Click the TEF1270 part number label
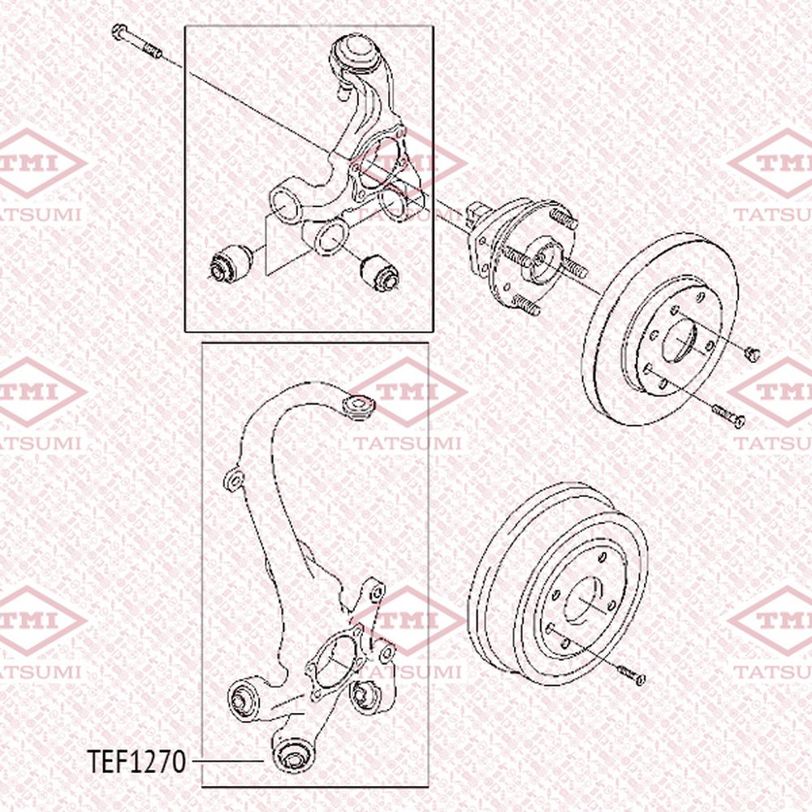click(x=136, y=762)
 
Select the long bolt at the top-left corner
click(x=136, y=41)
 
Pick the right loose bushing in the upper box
click(x=381, y=272)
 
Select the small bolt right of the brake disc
click(x=752, y=354)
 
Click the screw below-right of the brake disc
click(x=728, y=416)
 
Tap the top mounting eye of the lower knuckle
click(x=358, y=405)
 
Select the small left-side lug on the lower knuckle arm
click(x=234, y=480)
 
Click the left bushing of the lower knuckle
click(x=244, y=701)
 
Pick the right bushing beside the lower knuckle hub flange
click(x=367, y=696)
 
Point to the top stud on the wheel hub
click(x=563, y=218)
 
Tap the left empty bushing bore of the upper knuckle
click(x=284, y=205)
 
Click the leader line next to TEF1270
click(x=228, y=761)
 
